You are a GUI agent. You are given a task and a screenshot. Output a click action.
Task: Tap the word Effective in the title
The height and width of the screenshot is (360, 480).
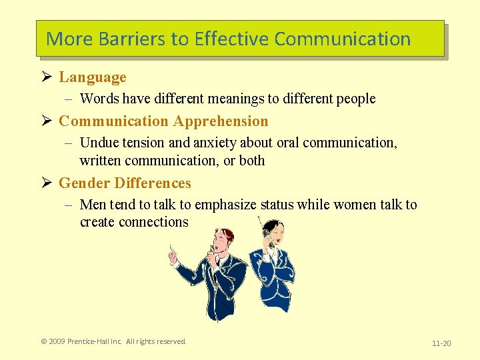click(231, 39)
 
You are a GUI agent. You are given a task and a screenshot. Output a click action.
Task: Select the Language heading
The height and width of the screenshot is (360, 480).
click(93, 77)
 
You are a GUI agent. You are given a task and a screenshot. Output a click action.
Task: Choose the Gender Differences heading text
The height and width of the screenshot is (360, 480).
click(125, 183)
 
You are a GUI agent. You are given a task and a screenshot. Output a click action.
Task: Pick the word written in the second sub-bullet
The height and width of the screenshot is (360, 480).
click(102, 161)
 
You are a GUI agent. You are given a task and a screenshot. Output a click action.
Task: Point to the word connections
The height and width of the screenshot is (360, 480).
click(154, 222)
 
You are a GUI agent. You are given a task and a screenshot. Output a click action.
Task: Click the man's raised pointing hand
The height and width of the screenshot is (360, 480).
click(172, 253)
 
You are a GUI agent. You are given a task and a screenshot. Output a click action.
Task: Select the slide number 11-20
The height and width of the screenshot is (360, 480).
click(441, 343)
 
